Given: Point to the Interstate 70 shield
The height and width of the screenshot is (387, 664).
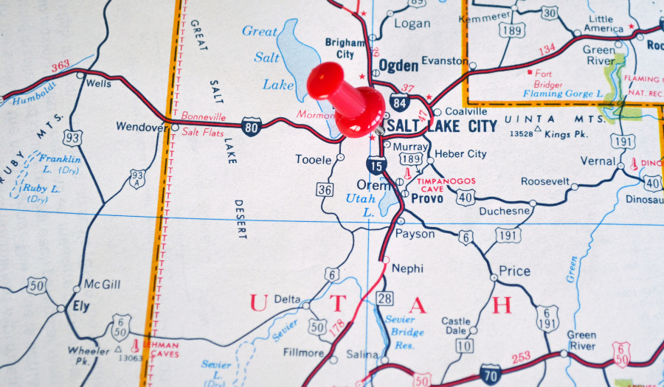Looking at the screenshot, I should pyautogui.click(x=490, y=373).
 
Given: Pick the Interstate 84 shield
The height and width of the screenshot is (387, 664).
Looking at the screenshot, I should pyautogui.click(x=400, y=100).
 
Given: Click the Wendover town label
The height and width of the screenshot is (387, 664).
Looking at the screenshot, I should pyautogui.click(x=140, y=127).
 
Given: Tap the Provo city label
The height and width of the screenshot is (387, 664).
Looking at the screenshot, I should pyautogui.click(x=426, y=199).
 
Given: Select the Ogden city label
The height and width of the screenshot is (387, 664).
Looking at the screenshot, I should pyautogui.click(x=398, y=66).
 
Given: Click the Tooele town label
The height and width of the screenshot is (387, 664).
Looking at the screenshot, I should pyautogui.click(x=313, y=159).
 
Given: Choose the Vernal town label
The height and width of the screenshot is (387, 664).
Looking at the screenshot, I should pyautogui.click(x=598, y=161).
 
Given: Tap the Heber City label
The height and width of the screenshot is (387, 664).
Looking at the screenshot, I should pyautogui.click(x=460, y=154).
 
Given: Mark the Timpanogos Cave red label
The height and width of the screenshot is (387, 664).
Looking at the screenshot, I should pyautogui.click(x=446, y=184).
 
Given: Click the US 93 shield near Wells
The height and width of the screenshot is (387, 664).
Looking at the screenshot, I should pyautogui.click(x=72, y=138).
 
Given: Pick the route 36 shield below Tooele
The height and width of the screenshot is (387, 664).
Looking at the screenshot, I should pyautogui.click(x=325, y=189).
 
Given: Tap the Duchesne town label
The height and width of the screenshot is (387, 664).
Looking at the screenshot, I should pyautogui.click(x=505, y=211).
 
